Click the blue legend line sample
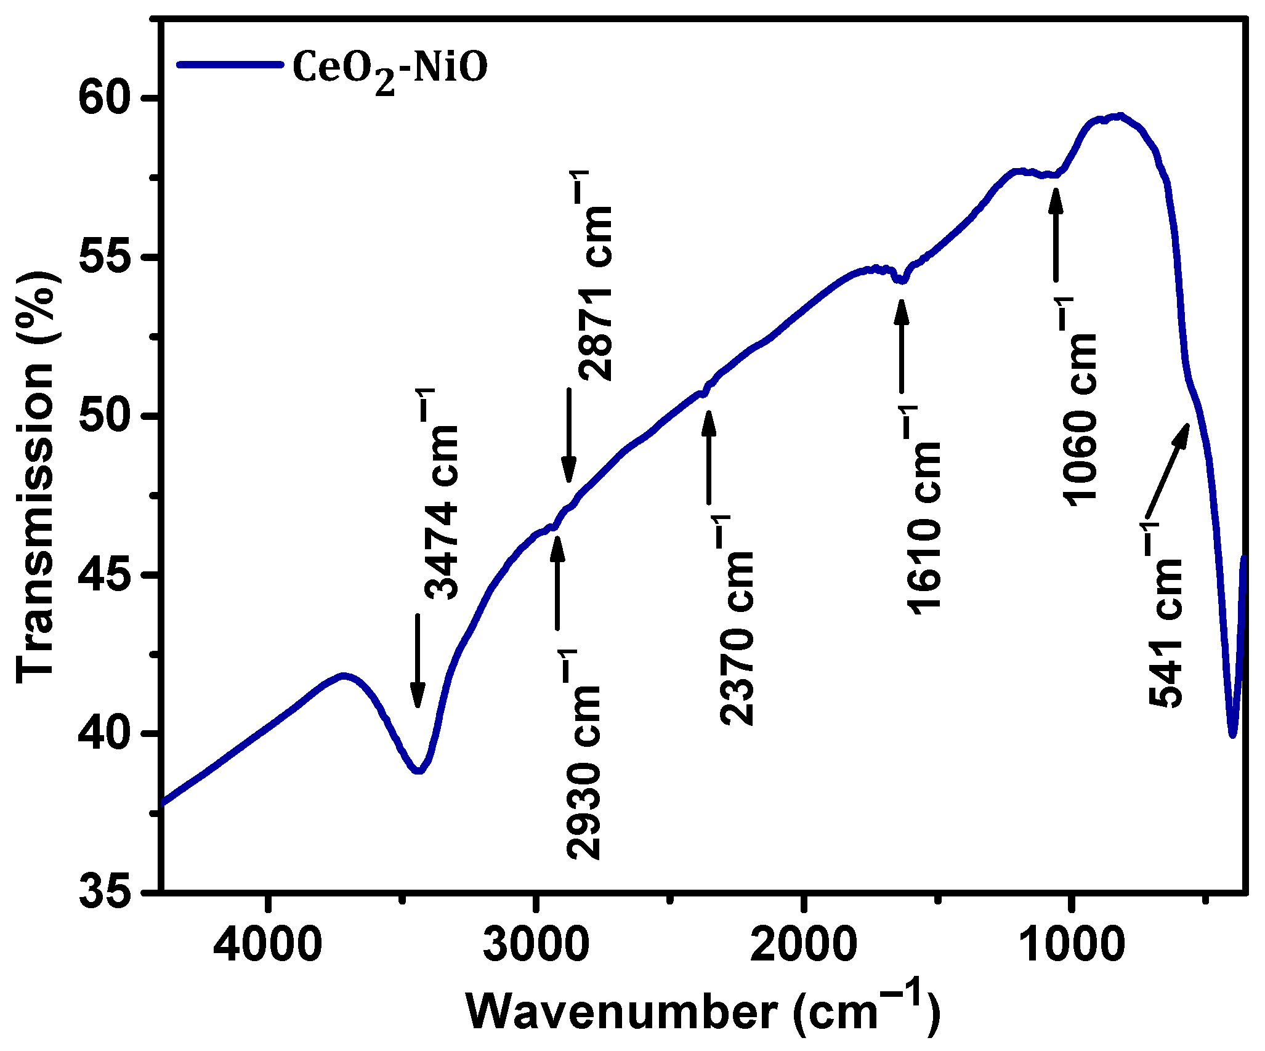231,64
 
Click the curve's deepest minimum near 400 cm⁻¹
1232,734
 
